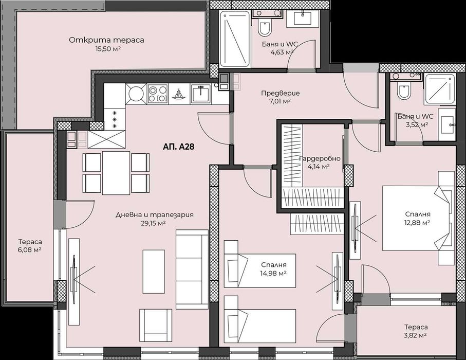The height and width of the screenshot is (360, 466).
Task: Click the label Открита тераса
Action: pos(107,40)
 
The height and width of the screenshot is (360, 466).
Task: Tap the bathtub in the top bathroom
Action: pos(235,38)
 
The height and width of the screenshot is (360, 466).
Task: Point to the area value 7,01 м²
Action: pos(280,101)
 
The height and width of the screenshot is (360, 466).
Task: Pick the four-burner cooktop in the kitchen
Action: pos(158,94)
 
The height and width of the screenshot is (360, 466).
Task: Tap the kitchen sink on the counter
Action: pos(200,94)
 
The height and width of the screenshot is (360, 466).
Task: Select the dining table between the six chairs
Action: pos(116,172)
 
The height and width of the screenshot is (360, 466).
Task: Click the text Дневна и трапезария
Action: pos(154,215)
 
